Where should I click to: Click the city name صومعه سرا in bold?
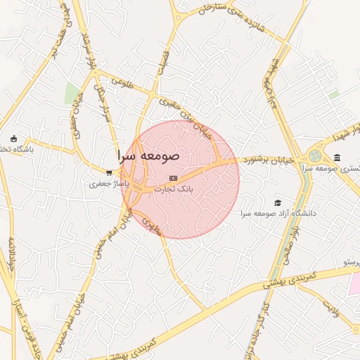pyautogui.click(x=149, y=155)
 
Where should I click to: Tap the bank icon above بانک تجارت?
pyautogui.click(x=173, y=178)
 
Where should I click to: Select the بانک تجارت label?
pyautogui.click(x=173, y=189)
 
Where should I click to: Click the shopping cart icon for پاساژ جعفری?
pyautogui.click(x=109, y=172)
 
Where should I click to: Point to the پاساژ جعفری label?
pyautogui.click(x=105, y=184)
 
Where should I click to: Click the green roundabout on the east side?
pyautogui.click(x=314, y=156)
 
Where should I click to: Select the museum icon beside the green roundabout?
pyautogui.click(x=337, y=157)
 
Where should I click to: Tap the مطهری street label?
pyautogui.click(x=151, y=225)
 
